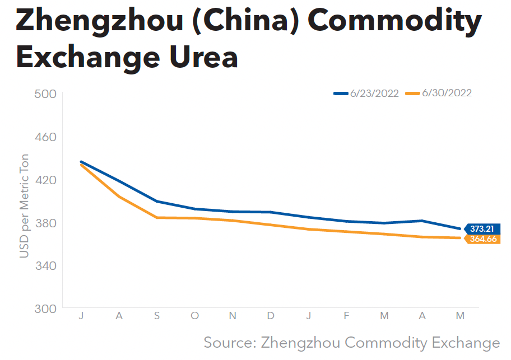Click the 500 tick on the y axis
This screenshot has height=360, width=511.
46,93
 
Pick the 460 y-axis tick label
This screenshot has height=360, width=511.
46,137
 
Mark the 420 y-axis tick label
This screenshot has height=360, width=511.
46,180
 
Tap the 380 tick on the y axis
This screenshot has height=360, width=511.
46,223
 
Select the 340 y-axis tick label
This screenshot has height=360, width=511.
46,265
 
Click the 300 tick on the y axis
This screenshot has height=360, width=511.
46,308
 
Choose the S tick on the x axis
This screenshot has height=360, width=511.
157,316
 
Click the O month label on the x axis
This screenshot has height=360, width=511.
194,316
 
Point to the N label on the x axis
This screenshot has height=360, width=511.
233,316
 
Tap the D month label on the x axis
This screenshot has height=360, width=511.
271,316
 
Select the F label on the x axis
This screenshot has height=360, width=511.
346,316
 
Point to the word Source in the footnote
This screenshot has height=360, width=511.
229,343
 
